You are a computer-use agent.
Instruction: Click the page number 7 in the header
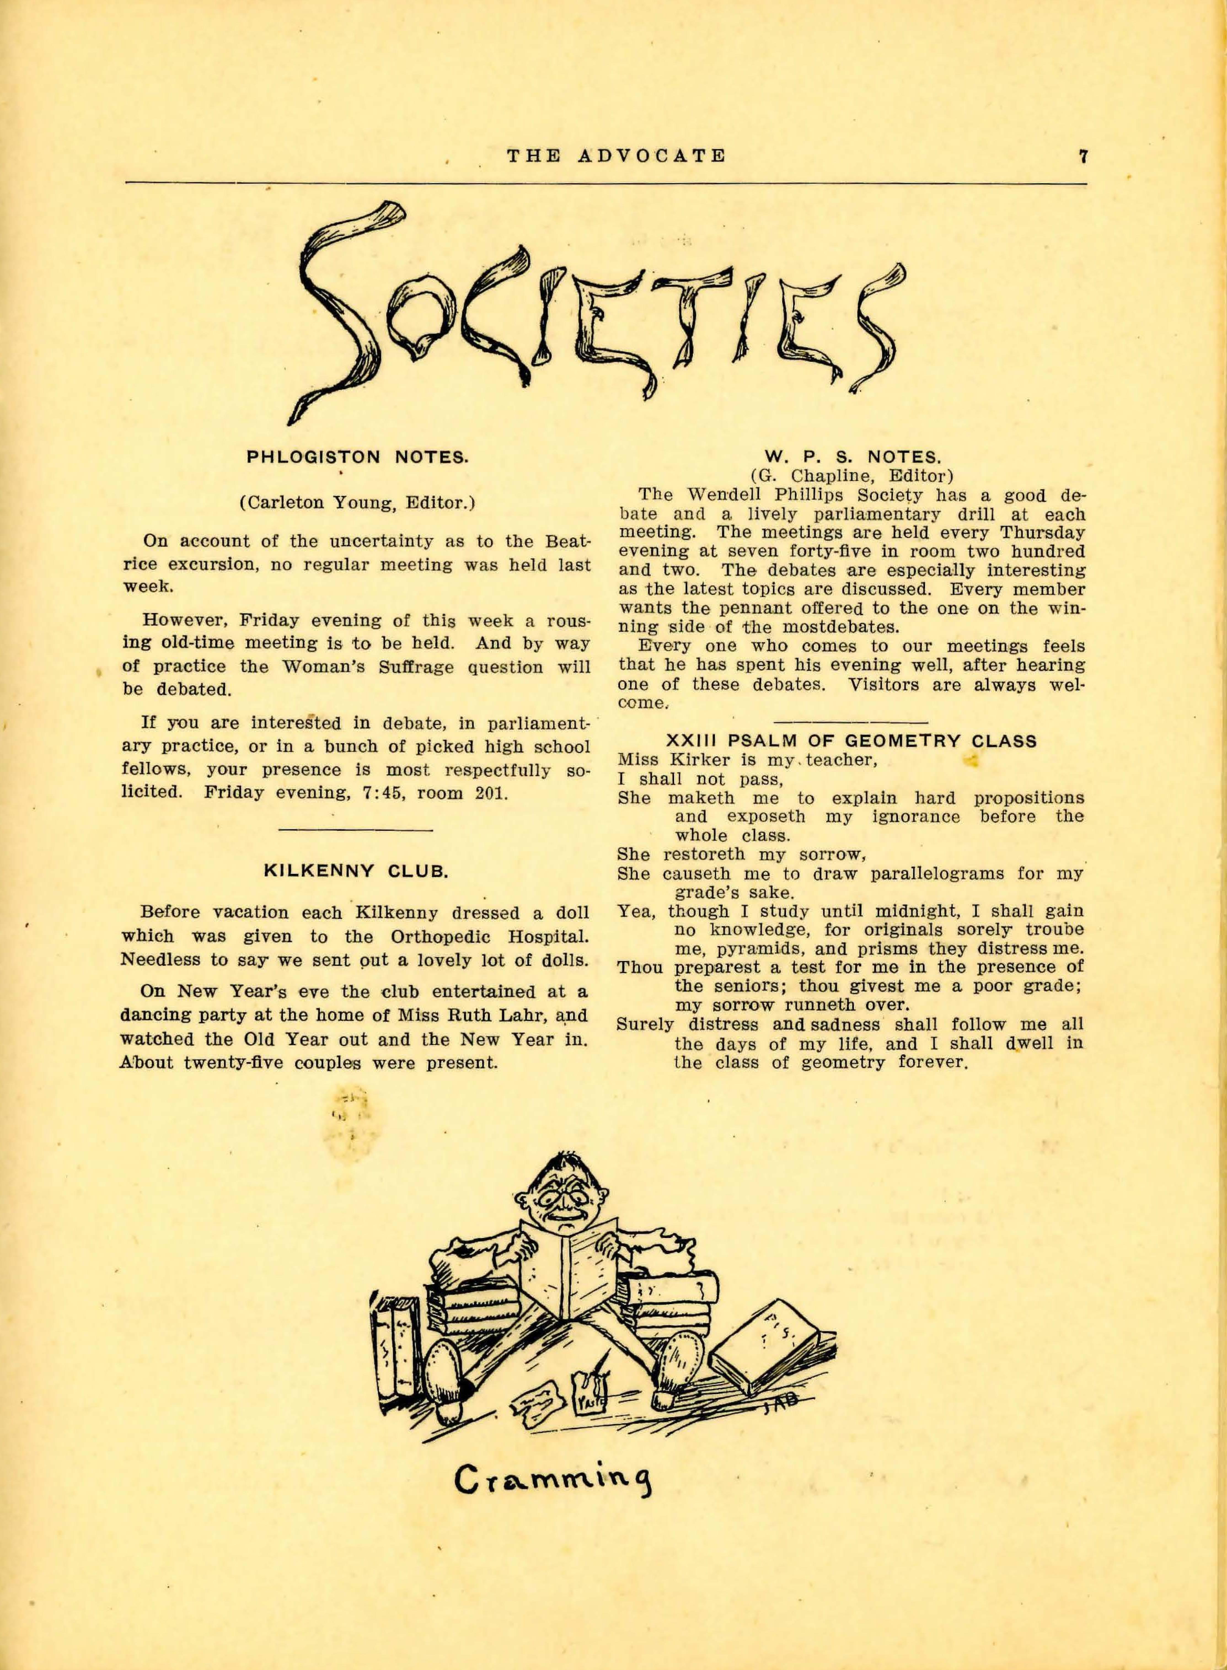[1084, 157]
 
